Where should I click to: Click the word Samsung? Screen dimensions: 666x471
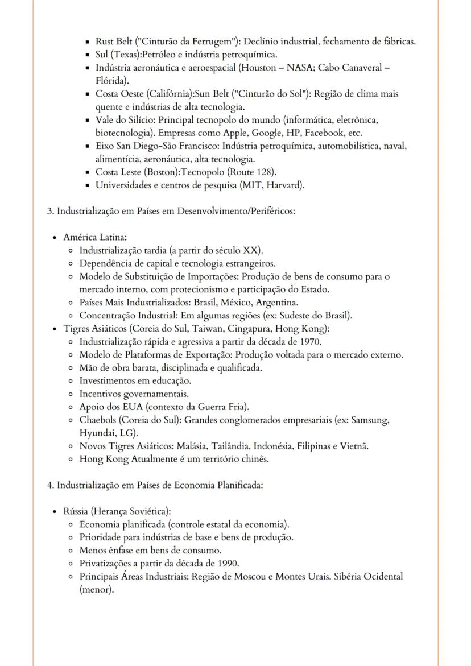[370, 420]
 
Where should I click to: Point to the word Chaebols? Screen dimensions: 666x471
[98, 420]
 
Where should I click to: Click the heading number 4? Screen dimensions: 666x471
[50, 485]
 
